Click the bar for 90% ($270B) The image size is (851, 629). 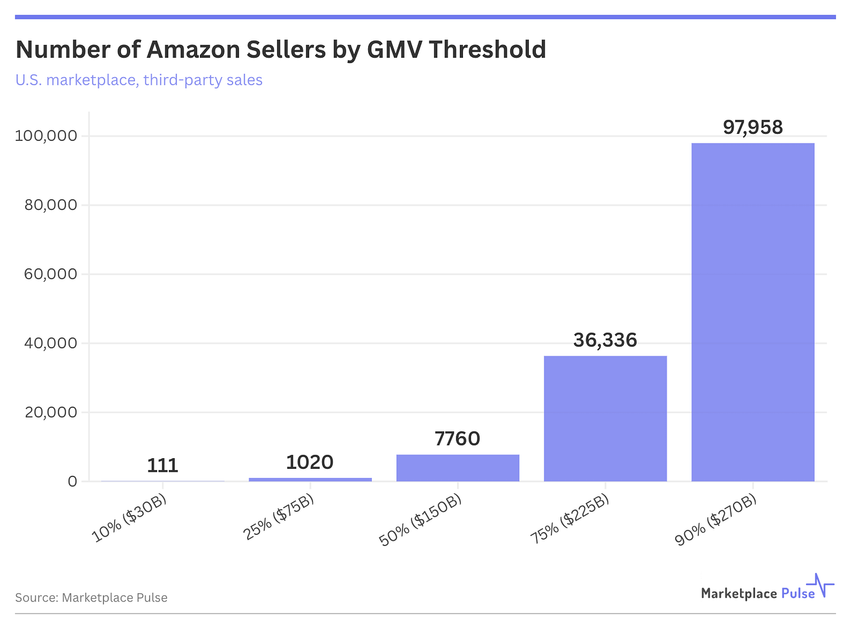[x=752, y=312]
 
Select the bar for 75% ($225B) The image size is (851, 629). [x=605, y=419]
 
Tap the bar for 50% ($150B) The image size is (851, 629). [x=458, y=468]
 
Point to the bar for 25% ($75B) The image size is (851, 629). [x=310, y=479]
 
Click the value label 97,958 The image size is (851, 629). [x=752, y=127]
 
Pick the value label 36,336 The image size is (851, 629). [x=605, y=340]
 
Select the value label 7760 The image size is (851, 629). [x=458, y=438]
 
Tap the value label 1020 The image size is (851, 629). [x=310, y=462]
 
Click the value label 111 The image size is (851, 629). [x=162, y=465]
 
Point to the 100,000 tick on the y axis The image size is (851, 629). [x=46, y=136]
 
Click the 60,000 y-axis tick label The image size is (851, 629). [x=51, y=274]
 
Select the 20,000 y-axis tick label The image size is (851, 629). [x=51, y=413]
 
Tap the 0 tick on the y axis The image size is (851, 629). [x=72, y=482]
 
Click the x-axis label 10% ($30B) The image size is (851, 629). [x=130, y=518]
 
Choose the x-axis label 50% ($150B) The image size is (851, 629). [x=421, y=520]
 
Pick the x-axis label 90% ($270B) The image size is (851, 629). [x=716, y=520]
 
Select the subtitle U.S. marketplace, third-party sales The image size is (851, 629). [x=139, y=80]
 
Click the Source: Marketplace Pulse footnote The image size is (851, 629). [x=91, y=597]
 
